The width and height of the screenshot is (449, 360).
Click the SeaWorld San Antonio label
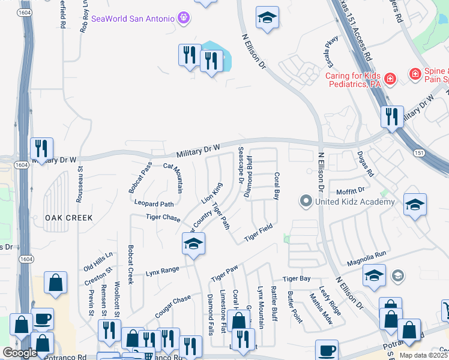tap(132, 19)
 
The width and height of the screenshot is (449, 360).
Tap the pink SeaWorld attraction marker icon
tap(184, 18)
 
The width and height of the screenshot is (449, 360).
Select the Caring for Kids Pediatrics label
tap(354, 80)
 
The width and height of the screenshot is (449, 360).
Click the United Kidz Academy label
tap(355, 202)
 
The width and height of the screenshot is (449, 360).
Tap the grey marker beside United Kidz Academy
tap(306, 201)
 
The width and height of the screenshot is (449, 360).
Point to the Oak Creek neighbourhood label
tap(68, 218)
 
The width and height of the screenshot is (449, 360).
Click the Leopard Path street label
tap(158, 204)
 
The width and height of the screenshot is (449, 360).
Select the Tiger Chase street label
tap(163, 217)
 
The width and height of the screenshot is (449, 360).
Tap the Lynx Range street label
tap(162, 271)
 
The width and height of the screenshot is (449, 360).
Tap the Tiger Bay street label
tap(297, 278)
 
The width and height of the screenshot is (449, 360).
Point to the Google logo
tap(19, 353)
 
